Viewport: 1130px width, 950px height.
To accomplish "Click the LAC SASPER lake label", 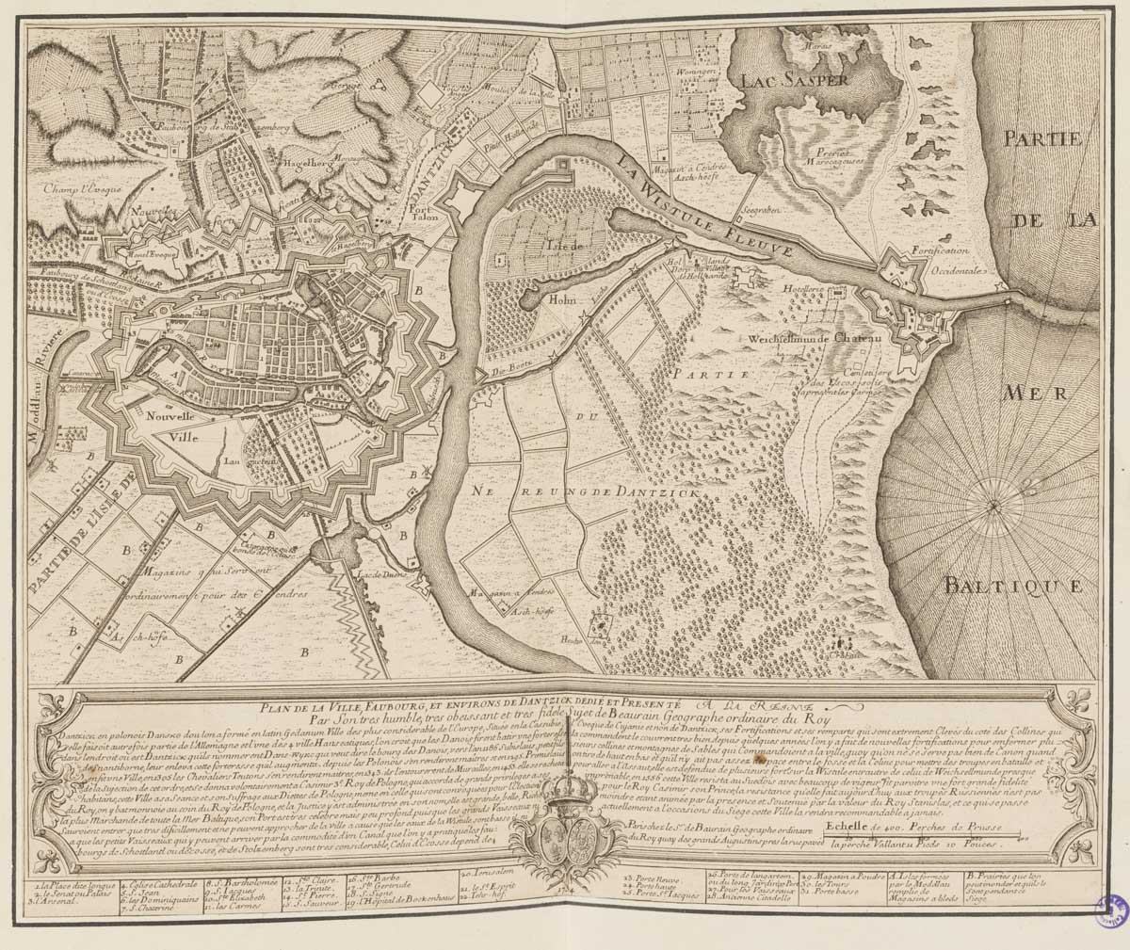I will [795, 80].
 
